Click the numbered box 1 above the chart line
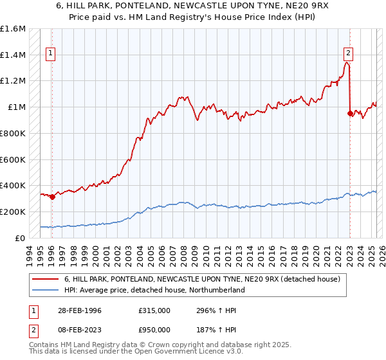pos(50,54)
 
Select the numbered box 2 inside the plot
pos(348,54)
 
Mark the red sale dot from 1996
pos(52,197)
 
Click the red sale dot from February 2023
pos(351,114)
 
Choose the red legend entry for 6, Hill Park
pos(206,278)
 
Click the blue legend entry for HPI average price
pos(154,290)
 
